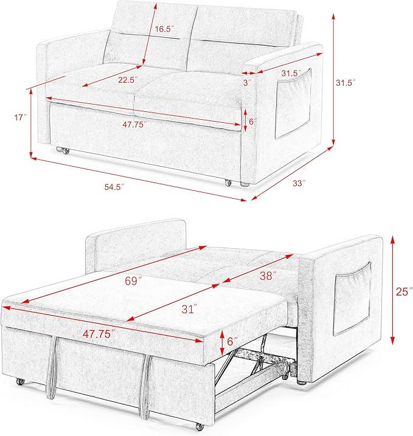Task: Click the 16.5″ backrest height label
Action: (x=164, y=29)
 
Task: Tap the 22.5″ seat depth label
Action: (x=128, y=80)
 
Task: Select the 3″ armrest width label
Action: (x=247, y=83)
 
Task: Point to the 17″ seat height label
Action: (x=21, y=117)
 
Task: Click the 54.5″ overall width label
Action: (x=114, y=187)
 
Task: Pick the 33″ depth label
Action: (x=299, y=183)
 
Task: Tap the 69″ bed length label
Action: (x=133, y=281)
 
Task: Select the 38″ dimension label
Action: (x=268, y=275)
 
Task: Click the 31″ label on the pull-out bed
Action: (x=189, y=309)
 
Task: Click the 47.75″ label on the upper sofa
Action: (x=134, y=125)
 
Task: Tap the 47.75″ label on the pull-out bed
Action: (x=99, y=334)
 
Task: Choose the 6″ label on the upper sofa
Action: (x=252, y=122)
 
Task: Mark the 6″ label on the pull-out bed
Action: (x=232, y=341)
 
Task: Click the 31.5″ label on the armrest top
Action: (x=291, y=74)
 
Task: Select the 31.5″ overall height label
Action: (x=345, y=83)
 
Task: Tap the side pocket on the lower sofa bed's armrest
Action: (x=352, y=299)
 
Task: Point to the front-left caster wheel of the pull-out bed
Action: (x=19, y=381)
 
